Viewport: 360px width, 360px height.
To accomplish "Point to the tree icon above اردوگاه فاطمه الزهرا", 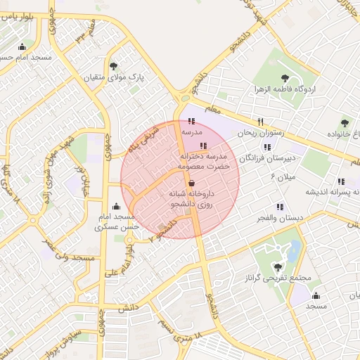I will click(x=285, y=78).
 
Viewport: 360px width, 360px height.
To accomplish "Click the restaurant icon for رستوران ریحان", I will click(x=260, y=121).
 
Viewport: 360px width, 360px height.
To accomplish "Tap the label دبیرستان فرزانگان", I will click(x=270, y=159).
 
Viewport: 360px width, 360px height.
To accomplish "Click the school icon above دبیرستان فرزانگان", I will click(x=266, y=147).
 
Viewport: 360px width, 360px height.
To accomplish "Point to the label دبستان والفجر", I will click(x=280, y=218).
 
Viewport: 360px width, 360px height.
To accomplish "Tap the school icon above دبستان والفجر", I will click(x=280, y=207).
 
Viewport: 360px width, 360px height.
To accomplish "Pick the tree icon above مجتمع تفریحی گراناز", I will click(x=278, y=266).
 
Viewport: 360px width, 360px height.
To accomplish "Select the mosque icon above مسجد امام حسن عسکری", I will click(x=115, y=207).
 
